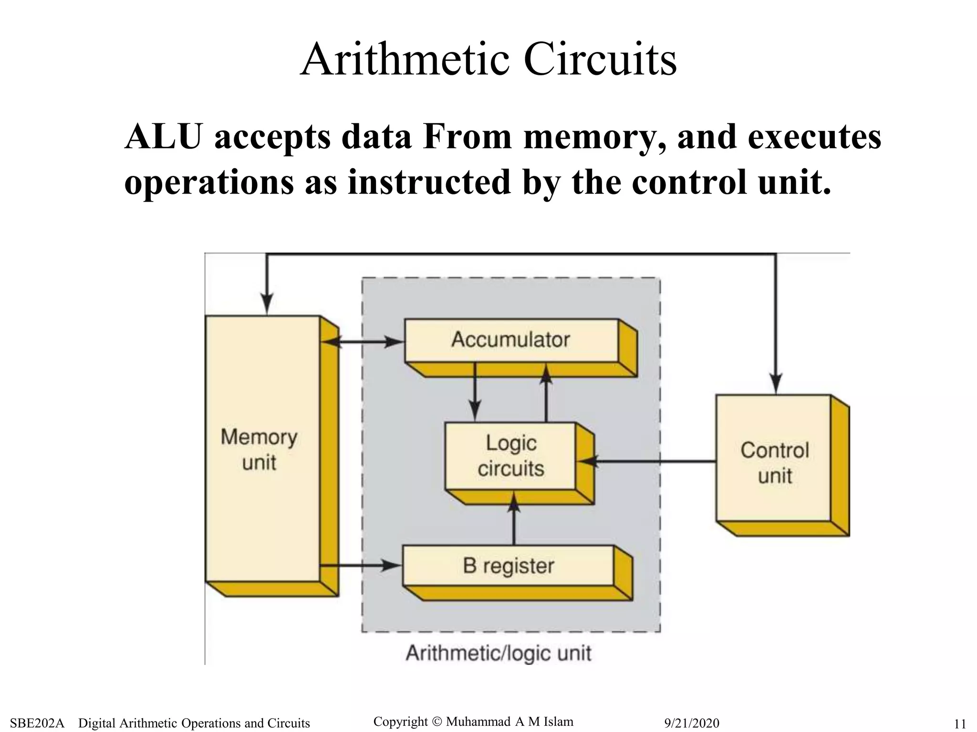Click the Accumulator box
pos(510,340)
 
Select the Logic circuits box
pos(510,456)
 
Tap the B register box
pos(508,566)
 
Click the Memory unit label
pos(259,449)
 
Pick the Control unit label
pos(775,463)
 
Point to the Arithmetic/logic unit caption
pos(499,653)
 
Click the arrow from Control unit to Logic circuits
pos(654,461)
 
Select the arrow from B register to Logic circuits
pos(514,524)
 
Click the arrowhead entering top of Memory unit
pos(267,304)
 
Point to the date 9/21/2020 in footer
pos(692,723)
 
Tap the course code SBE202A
pos(37,723)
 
